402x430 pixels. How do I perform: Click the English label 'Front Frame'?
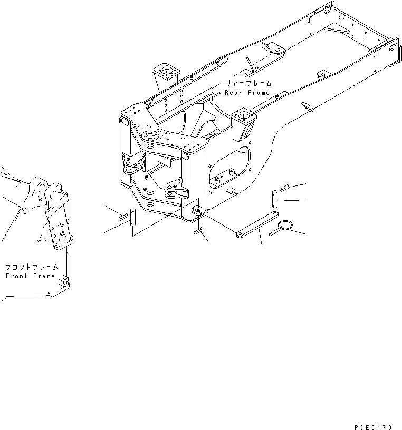point(30,276)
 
